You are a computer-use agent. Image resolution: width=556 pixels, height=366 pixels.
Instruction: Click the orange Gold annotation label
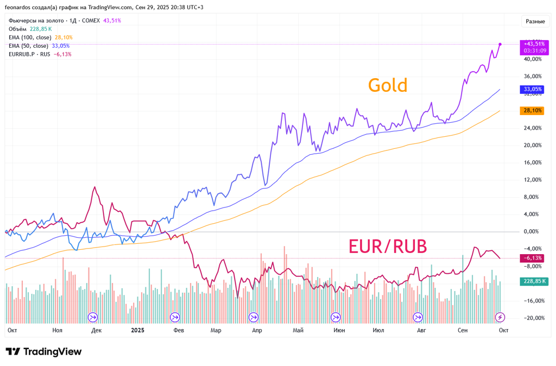point(388,85)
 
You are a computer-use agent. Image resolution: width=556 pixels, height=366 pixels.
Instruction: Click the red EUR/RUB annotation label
point(387,247)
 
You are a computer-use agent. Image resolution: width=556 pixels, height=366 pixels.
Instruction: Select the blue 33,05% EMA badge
point(533,89)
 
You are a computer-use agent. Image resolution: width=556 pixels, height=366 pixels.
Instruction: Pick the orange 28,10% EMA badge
point(533,110)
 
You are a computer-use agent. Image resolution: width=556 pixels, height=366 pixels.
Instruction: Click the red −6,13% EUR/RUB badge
point(533,258)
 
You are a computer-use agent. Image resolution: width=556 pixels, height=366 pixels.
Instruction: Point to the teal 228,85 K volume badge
point(534,281)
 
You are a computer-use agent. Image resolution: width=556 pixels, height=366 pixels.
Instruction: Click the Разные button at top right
point(535,21)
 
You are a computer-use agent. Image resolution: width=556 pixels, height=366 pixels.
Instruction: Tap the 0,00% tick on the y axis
point(532,232)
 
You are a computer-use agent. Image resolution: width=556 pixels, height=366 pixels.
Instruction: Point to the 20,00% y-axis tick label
point(532,146)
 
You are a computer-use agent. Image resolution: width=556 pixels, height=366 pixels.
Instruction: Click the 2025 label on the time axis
point(137,330)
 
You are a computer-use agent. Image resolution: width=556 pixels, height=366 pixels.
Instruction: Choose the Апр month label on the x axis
point(257,330)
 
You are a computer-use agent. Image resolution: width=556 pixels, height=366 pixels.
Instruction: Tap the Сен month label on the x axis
point(462,330)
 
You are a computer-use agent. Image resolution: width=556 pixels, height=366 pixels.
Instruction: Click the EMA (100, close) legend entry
point(30,37)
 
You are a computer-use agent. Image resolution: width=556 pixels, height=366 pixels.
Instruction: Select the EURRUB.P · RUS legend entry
point(30,54)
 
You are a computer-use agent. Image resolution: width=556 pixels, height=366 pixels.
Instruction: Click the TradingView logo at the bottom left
point(43,352)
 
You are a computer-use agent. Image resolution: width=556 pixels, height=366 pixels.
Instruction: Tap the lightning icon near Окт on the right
point(500,317)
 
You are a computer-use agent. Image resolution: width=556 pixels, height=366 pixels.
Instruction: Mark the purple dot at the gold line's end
point(500,44)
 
